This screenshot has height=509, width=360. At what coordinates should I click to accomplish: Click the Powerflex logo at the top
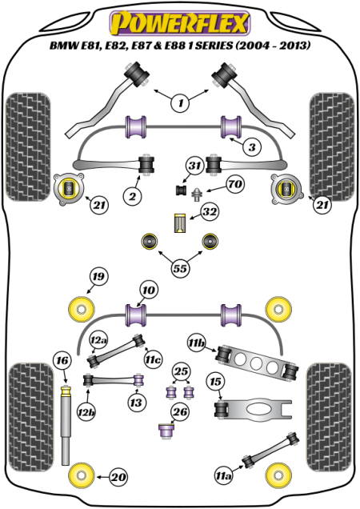click(180, 22)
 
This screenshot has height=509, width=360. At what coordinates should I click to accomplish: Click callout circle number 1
click(181, 103)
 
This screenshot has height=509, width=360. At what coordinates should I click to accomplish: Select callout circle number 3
click(252, 147)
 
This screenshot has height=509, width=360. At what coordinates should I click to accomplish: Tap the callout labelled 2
click(133, 196)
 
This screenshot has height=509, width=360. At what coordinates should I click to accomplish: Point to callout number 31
click(194, 166)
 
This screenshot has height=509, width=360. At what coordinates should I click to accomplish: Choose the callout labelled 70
click(235, 184)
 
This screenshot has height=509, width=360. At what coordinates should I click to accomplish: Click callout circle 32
click(210, 211)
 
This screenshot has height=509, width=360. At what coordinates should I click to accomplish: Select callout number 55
click(181, 268)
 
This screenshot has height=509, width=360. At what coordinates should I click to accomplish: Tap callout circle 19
click(98, 276)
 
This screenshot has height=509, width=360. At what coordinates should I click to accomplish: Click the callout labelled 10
click(149, 290)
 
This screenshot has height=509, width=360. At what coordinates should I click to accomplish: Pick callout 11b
click(197, 343)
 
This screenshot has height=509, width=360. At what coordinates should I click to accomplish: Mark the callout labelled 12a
click(98, 340)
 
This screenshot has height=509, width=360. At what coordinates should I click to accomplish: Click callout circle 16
click(62, 360)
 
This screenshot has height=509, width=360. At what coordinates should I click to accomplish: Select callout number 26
click(180, 412)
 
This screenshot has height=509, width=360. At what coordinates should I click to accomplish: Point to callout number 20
click(118, 477)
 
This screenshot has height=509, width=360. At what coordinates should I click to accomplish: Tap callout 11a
click(224, 476)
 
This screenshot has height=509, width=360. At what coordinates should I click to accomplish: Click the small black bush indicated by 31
click(181, 190)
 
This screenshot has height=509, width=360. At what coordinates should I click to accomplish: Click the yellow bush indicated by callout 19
click(81, 309)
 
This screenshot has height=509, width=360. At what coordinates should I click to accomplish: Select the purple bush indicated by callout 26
click(166, 431)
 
